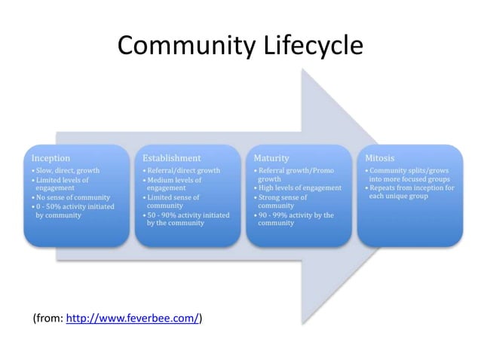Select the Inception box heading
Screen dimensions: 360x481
51,158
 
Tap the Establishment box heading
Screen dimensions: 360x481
171,158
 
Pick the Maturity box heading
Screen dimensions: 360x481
271,158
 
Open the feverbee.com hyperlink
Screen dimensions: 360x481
133,319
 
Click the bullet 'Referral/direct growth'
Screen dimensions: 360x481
183,171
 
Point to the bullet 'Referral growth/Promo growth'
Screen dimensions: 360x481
294,175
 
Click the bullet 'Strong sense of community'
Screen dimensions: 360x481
283,201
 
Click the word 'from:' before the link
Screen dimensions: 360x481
50,319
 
